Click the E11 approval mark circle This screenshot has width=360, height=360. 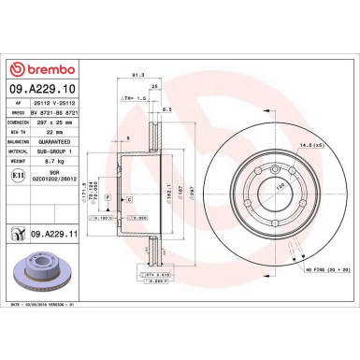21,175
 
